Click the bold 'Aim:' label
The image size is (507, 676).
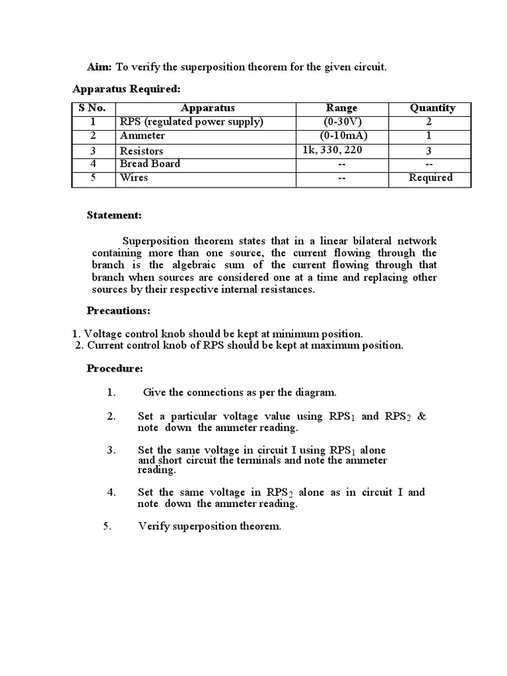click(100, 67)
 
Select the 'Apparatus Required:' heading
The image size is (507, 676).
click(125, 89)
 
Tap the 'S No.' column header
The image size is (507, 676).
click(93, 108)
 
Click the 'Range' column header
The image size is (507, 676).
click(341, 108)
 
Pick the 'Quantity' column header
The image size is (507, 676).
click(432, 108)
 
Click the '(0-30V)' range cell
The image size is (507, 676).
click(342, 122)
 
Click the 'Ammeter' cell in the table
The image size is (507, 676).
click(143, 136)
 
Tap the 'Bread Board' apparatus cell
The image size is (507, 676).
click(150, 164)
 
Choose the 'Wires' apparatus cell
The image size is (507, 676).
click(134, 178)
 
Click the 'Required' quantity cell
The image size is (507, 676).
click(430, 178)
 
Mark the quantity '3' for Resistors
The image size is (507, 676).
click(429, 151)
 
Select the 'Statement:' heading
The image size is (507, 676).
click(114, 216)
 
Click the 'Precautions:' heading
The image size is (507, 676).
click(119, 311)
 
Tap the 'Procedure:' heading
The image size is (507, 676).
click(115, 369)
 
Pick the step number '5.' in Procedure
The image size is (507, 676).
click(108, 527)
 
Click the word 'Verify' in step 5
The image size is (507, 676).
click(152, 527)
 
